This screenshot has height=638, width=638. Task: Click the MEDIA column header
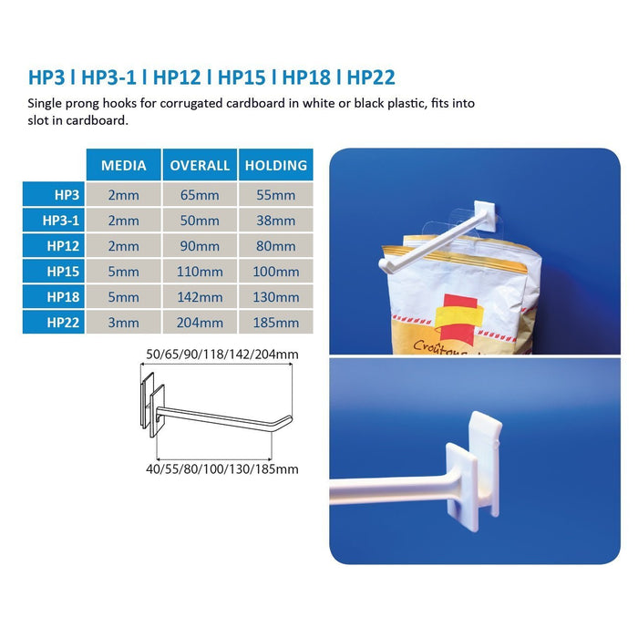coord(123,165)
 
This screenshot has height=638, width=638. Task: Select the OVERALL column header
coord(200,165)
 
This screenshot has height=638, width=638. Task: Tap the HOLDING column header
coord(276,165)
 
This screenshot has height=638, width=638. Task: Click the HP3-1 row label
coord(61,221)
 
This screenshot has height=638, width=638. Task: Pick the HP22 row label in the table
coord(63,323)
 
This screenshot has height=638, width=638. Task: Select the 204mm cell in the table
coord(200,323)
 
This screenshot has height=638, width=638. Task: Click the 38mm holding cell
coord(276,221)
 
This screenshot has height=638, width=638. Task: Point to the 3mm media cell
coord(123,323)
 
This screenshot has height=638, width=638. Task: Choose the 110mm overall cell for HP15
coord(200,272)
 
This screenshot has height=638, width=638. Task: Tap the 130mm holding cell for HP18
coord(276,297)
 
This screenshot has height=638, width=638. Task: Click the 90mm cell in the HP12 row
coord(200,246)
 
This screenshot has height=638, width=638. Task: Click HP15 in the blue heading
coord(242,77)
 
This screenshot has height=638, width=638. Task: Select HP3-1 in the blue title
coord(108,77)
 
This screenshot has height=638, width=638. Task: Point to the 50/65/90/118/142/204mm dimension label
coord(222,355)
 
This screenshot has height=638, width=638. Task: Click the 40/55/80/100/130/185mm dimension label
coord(222,469)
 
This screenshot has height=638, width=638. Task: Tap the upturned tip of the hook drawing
coord(290,417)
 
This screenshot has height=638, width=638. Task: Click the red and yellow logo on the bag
coord(459,319)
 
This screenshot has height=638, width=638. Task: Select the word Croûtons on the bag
coord(439,349)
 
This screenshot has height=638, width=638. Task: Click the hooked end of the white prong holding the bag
coord(385,265)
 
